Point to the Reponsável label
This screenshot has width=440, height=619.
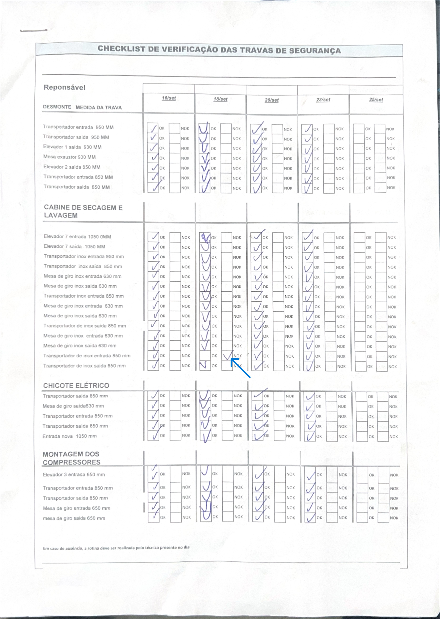coord(65,87)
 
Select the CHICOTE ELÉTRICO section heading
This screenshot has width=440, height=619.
coord(76,385)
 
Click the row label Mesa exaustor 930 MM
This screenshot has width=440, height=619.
coord(69,157)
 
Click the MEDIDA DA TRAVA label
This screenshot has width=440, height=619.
coord(99,107)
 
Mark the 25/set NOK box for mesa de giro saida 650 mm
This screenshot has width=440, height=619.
coord(383,517)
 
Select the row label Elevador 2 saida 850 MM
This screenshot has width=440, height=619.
coord(72,167)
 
